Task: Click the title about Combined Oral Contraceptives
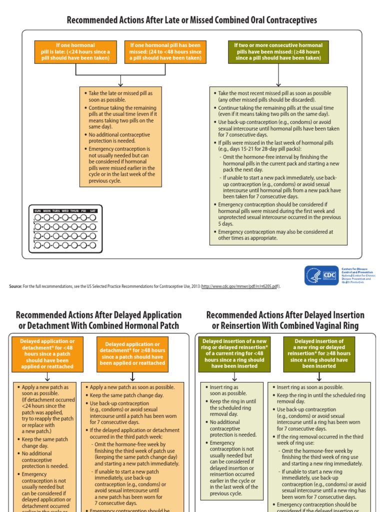coord(192,20)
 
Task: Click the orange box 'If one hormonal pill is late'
coord(75,51)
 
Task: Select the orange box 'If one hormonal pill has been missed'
coord(165,51)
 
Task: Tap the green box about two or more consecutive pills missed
coord(278,51)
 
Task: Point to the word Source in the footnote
coord(15,286)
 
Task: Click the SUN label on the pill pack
coord(37,211)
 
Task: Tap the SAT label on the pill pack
coord(92,211)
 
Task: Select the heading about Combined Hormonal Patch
coord(98,320)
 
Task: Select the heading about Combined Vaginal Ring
coord(285,320)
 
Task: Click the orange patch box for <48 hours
coord(47,353)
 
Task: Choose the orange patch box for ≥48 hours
coord(132,353)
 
